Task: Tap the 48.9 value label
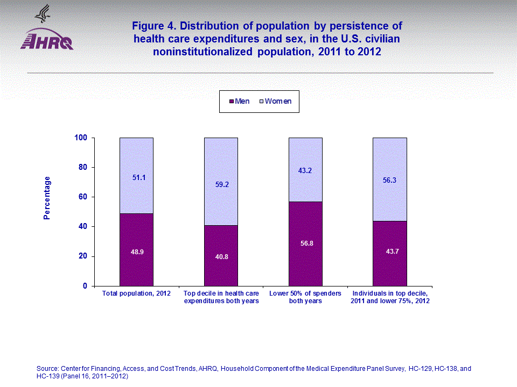136,252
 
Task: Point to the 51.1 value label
136,177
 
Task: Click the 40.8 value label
221,256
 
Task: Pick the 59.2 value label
221,184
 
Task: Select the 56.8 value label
305,243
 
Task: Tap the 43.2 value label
305,170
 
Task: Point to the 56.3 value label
390,181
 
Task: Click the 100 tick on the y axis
81,138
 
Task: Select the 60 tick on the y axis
83,197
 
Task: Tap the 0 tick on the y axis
85,286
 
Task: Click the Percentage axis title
47,198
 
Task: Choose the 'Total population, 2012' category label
136,293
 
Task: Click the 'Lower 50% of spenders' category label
305,293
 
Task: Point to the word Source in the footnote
47,368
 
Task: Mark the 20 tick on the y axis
83,256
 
